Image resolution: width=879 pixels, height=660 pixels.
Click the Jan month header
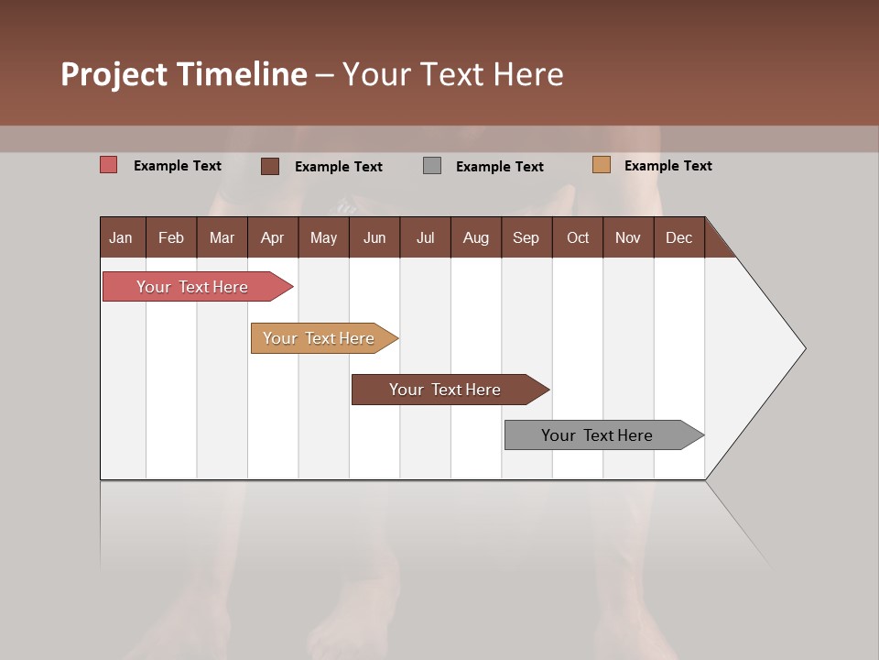tap(122, 237)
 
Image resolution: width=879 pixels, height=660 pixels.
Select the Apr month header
tap(272, 237)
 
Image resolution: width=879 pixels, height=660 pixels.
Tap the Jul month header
tap(425, 237)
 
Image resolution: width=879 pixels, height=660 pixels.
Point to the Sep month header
tap(526, 237)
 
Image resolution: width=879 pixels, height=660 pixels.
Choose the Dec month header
tap(678, 237)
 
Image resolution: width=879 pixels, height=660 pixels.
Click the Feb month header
tap(171, 237)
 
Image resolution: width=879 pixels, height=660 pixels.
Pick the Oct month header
tap(578, 237)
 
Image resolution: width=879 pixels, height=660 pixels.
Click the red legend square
tap(109, 165)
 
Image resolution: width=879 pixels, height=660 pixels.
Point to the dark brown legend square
tap(270, 166)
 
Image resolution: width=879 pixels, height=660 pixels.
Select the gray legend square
tap(432, 166)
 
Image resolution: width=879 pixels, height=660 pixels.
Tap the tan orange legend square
tap(602, 165)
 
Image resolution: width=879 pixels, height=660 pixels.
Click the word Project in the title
tap(114, 74)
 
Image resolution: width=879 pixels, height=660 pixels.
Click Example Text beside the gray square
tap(499, 166)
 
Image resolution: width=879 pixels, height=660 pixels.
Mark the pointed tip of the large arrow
tap(804, 348)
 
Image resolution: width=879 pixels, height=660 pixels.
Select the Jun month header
tap(374, 237)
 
